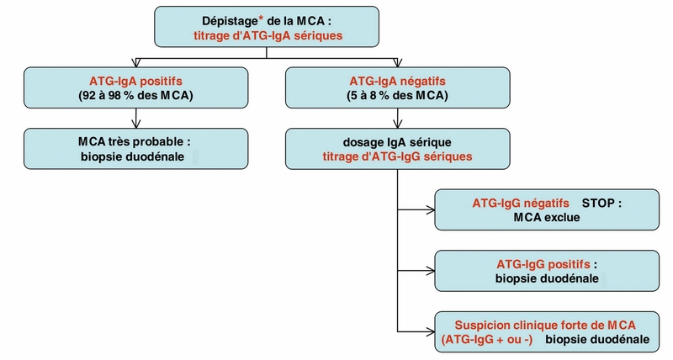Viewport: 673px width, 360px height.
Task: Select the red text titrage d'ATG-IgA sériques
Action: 268,35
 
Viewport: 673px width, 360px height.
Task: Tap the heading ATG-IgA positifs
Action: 135,82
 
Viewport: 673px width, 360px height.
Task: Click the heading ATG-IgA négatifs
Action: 397,82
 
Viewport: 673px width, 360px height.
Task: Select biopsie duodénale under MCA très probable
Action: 135,156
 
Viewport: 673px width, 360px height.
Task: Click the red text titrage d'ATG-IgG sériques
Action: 397,156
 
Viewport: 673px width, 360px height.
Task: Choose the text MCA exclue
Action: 545,218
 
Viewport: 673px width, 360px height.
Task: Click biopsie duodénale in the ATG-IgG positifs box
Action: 546,278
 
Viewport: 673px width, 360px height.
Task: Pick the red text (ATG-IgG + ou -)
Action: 490,340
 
